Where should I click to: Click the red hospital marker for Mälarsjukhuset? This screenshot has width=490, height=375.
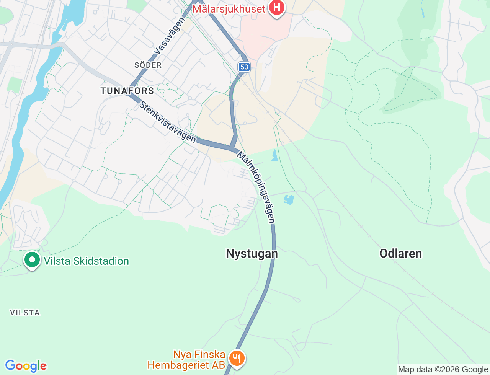pos(276,7)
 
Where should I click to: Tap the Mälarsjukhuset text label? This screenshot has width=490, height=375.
pos(229,9)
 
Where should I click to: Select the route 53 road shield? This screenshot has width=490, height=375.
pos(244,67)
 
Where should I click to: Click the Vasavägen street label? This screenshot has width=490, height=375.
pos(169,36)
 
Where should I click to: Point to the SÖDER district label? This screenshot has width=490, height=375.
pos(148,65)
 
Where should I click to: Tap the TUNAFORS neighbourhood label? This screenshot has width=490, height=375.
pos(127,91)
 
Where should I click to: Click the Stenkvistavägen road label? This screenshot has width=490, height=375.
pos(168,122)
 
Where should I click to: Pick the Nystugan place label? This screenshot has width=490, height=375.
pos(252,253)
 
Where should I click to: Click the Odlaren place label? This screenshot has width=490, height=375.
pos(400,253)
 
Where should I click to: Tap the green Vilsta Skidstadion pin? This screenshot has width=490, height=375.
pos(32,260)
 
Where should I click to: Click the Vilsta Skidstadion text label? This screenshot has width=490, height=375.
pos(86,261)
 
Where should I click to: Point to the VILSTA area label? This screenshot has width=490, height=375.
pos(25,313)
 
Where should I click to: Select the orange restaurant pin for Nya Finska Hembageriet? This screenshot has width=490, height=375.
pos(237,358)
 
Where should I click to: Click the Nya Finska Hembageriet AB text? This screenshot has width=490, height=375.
pos(186,360)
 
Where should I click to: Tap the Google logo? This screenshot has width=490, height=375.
pos(26,366)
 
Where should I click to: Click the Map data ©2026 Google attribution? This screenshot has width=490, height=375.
pos(443,369)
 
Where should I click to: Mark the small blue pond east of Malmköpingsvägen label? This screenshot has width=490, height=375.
pos(289,199)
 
